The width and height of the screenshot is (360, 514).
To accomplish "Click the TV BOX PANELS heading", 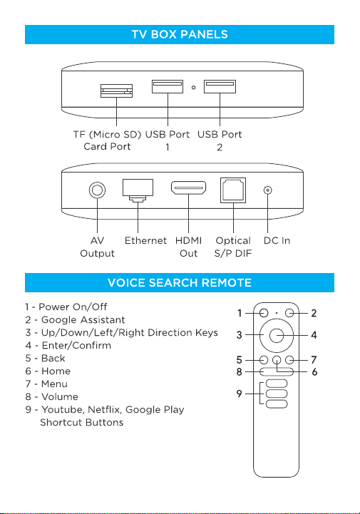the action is tap(180, 34).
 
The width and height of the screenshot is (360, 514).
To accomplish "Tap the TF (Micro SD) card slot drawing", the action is tap(116, 91).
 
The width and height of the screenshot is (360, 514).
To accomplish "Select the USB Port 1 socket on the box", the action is tap(168, 86).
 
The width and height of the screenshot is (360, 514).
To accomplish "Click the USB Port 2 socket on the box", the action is tap(220, 86).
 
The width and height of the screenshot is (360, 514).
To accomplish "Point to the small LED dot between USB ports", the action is tap(193, 88).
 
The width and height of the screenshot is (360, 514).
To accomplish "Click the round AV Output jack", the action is tap(98, 190).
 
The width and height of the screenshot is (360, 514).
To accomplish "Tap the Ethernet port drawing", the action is tap(138, 190).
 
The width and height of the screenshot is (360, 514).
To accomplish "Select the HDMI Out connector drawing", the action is tap(188, 187).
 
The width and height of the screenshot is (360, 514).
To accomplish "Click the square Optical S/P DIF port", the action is tap(233, 190).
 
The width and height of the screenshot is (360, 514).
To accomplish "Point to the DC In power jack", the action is tap(268, 190).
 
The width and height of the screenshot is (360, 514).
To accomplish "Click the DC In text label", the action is tap(277, 241).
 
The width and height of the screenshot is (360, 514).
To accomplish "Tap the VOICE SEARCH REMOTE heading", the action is tap(180, 282).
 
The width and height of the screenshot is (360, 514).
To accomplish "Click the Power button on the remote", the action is tap(264, 313).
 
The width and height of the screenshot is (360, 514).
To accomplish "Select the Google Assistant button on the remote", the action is tap(289, 313).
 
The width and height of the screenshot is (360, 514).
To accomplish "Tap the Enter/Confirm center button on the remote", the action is tap(277, 335).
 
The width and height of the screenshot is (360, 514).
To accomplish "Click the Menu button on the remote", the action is tap(289, 360).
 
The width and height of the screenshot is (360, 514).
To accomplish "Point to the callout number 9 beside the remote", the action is tap(240, 394).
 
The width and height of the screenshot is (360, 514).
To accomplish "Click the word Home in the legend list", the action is tap(56, 371).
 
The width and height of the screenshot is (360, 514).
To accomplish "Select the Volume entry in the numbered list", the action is tap(52, 396).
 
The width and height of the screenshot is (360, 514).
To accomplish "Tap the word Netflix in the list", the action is tap(105, 409).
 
